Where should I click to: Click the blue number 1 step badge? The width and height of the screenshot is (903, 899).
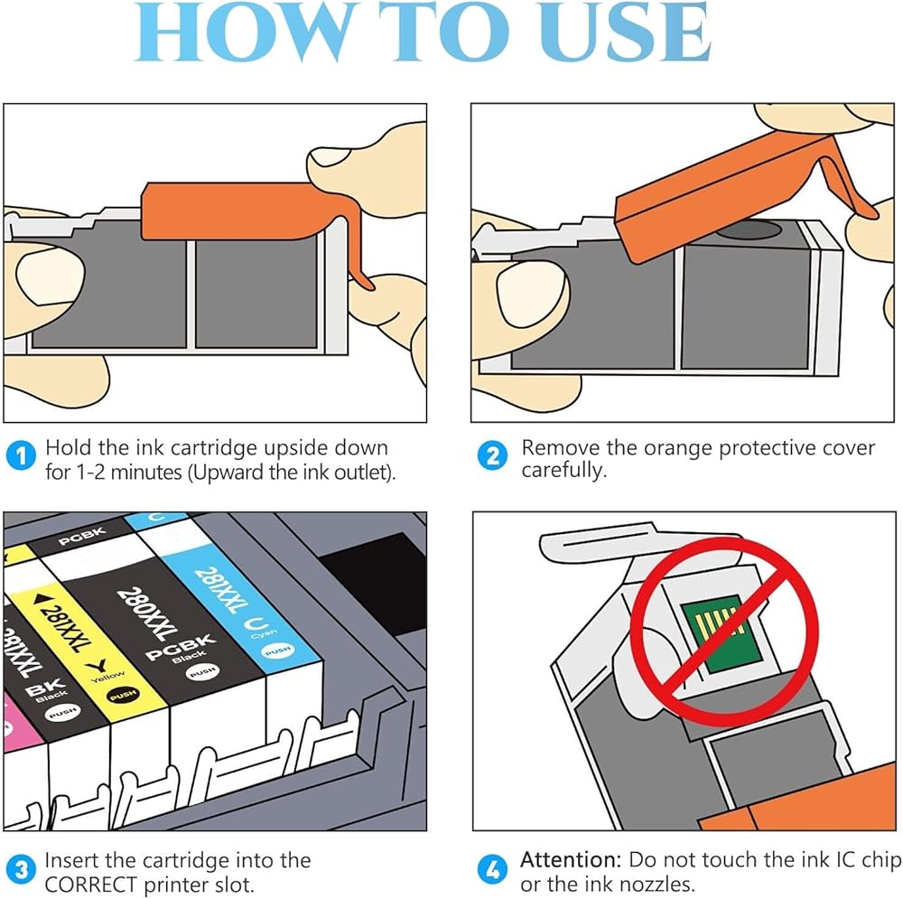[21, 457]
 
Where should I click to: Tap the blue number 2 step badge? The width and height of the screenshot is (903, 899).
[493, 456]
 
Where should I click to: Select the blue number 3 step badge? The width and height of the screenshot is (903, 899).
[21, 869]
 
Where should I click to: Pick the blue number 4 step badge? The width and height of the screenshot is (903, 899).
[493, 869]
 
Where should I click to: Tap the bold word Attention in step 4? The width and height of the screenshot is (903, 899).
[571, 860]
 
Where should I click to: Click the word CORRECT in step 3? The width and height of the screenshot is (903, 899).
[91, 885]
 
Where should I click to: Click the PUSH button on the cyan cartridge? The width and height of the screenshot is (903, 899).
[278, 651]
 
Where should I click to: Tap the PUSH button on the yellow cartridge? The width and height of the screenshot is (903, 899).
[123, 696]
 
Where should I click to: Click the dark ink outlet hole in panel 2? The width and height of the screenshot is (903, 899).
[749, 231]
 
